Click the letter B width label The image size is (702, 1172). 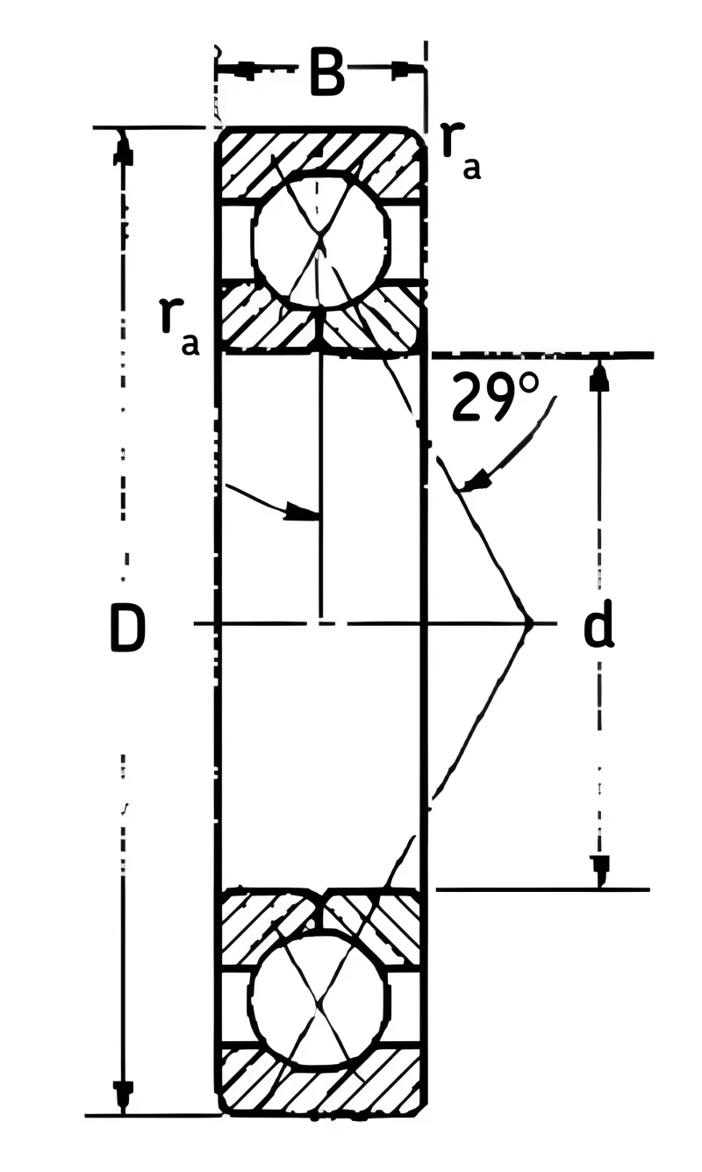pyautogui.click(x=327, y=73)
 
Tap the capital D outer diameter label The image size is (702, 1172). pyautogui.click(x=127, y=627)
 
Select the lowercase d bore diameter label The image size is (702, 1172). pyautogui.click(x=598, y=623)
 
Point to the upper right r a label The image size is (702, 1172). pyautogui.click(x=461, y=149)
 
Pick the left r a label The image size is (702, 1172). pyautogui.click(x=179, y=327)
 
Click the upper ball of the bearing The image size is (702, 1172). pyautogui.click(x=320, y=241)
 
